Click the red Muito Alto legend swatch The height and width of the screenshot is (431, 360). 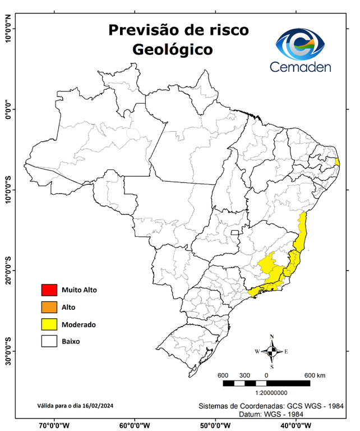tap(49, 290)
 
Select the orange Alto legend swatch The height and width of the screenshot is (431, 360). tap(49, 307)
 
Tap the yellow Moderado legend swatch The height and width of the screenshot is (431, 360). tap(49, 324)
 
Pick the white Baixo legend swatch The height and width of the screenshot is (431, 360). tap(49, 341)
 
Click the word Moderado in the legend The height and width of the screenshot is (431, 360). tap(79, 324)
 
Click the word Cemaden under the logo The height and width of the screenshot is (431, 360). tap(301, 67)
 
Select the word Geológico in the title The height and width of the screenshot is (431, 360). tap(172, 49)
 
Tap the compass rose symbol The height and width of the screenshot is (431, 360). tap(272, 351)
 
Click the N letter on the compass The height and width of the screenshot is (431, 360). tap(272, 337)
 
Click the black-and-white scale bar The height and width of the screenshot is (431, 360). tap(266, 383)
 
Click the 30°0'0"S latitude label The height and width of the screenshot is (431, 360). tap(8, 351)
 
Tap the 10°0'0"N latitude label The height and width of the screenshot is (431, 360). tap(8, 29)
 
